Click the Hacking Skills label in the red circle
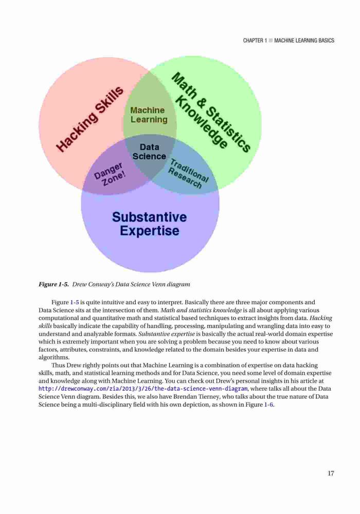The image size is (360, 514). (x=90, y=119)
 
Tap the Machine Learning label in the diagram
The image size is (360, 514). (x=149, y=115)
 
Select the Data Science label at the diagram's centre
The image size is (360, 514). (x=149, y=152)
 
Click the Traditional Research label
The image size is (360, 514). (x=188, y=173)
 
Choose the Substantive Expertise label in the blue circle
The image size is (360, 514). (x=149, y=224)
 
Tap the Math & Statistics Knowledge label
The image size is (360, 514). (x=209, y=112)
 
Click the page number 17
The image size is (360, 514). (x=331, y=473)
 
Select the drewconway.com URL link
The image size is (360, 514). (x=143, y=389)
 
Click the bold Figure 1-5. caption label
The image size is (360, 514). (x=54, y=284)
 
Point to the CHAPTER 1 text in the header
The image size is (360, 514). (x=255, y=41)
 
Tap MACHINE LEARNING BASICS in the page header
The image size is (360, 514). (x=304, y=41)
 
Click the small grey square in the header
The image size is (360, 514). (x=271, y=41)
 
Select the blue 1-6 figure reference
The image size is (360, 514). (x=268, y=405)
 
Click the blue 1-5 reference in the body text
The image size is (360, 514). (x=75, y=302)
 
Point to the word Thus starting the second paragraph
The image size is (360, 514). (x=58, y=365)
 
